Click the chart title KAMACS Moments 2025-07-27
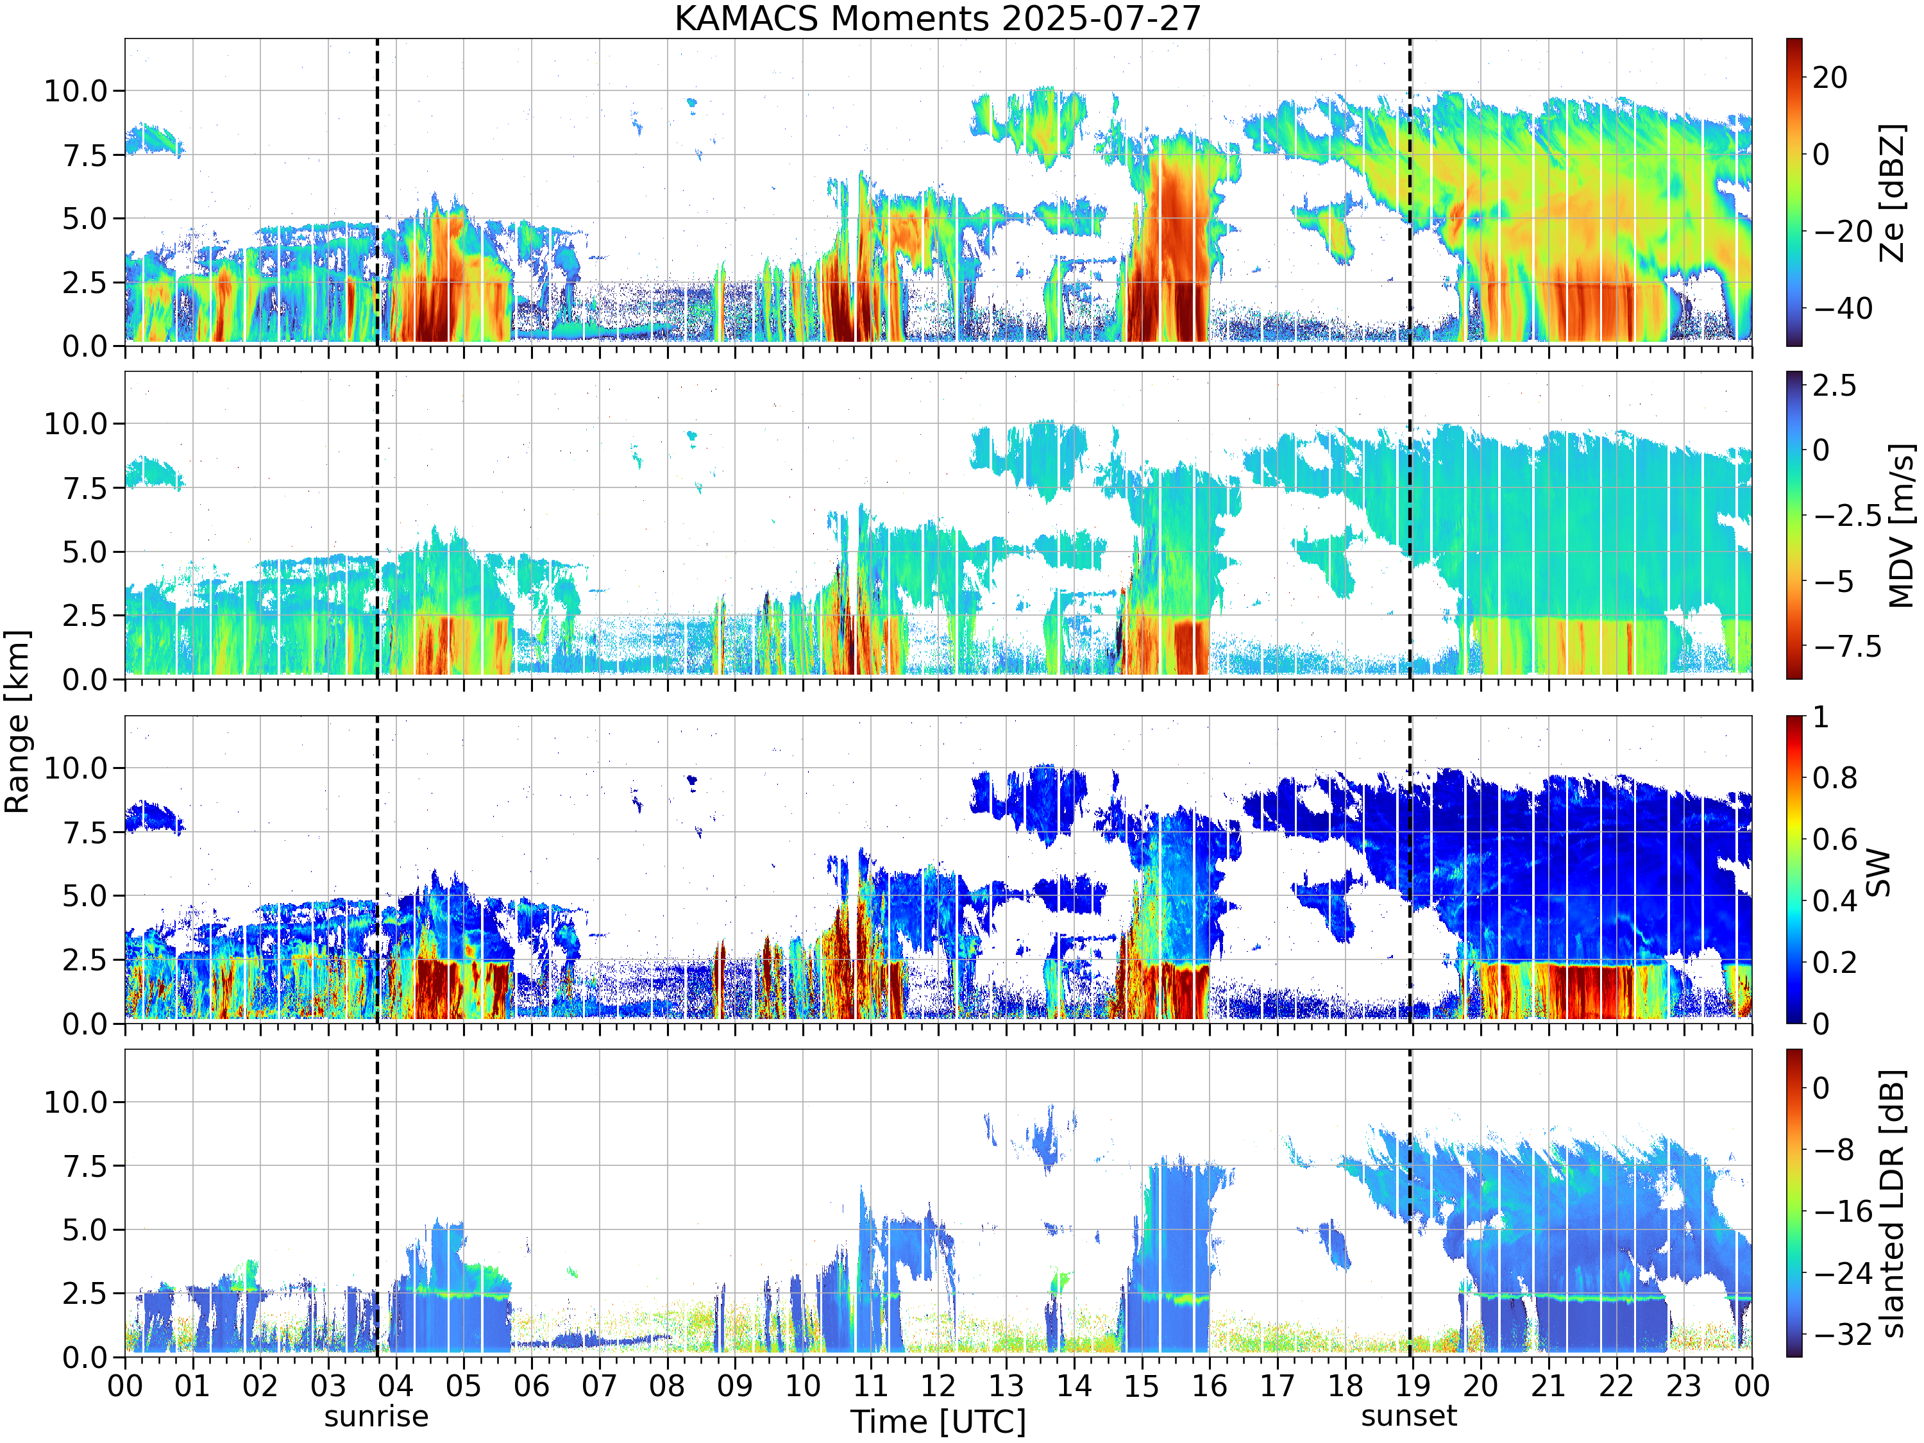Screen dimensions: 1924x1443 coord(937,18)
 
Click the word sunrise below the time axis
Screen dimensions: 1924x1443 coord(376,1416)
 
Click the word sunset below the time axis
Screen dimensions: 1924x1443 coord(1409,1416)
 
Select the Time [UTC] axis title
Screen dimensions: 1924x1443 coord(938,1421)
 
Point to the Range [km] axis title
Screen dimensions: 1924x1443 coord(17,722)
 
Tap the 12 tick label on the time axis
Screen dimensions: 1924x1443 coord(938,1385)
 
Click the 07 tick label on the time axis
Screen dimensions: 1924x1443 coord(598,1385)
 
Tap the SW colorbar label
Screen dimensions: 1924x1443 coord(1878,872)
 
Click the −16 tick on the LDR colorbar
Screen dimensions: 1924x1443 coord(1843,1211)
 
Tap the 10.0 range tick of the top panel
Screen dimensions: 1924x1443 coord(76,90)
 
